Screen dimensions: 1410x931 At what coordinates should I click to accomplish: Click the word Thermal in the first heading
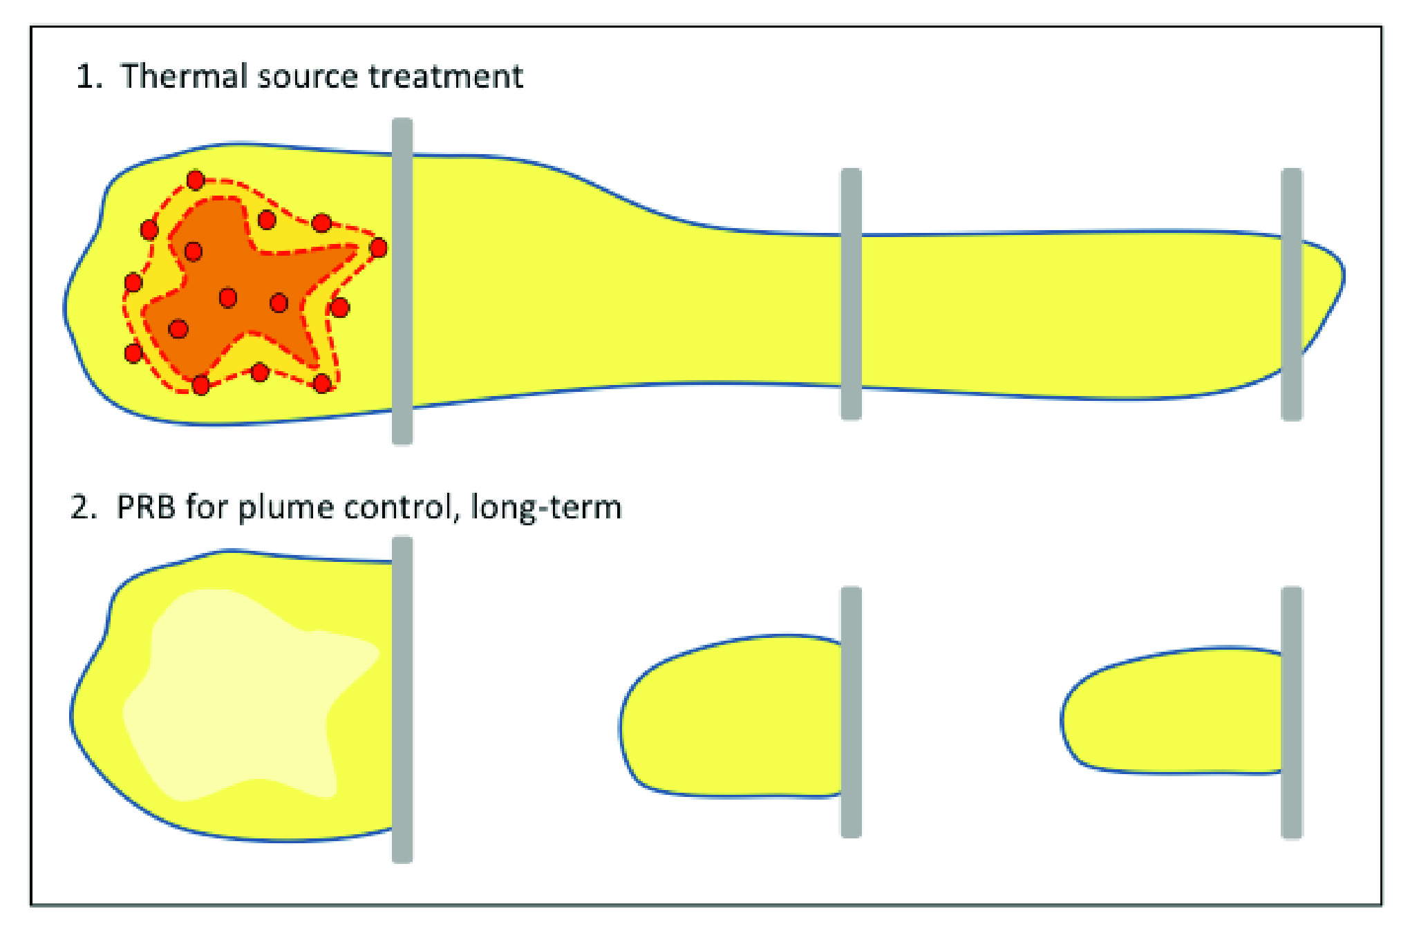(184, 76)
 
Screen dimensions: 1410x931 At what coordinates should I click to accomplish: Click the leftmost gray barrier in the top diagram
(402, 281)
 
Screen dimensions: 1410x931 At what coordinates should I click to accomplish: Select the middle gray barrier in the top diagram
(851, 294)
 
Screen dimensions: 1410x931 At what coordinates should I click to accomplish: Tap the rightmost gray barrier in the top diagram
(1292, 294)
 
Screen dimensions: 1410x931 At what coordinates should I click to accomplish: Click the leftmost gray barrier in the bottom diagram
(402, 699)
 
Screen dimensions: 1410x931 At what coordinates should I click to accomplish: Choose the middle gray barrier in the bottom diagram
(851, 712)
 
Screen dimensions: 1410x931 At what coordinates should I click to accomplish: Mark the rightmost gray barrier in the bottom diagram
(1292, 712)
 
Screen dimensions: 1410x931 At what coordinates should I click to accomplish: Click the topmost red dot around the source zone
(196, 180)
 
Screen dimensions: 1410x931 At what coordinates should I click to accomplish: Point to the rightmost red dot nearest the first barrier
(379, 247)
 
